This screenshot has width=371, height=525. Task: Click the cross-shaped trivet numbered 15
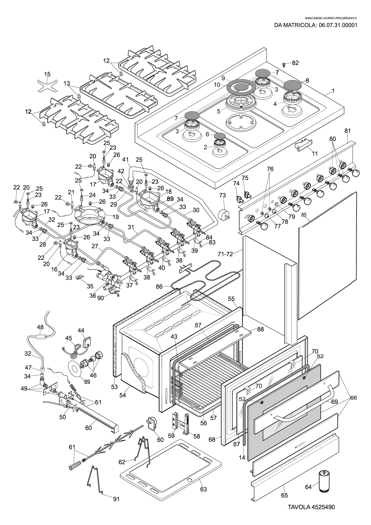(x=47, y=87)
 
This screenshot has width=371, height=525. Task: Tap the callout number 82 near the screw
(x=295, y=63)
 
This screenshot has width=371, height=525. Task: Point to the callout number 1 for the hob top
(x=333, y=91)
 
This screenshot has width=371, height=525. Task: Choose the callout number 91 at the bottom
(x=116, y=498)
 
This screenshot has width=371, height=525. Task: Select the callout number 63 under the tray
(x=203, y=489)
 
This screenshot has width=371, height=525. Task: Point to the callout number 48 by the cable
(x=40, y=327)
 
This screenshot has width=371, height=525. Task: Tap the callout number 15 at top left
(x=47, y=74)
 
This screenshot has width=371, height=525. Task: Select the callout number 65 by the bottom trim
(x=285, y=495)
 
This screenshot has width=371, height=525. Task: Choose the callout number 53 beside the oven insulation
(x=115, y=386)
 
